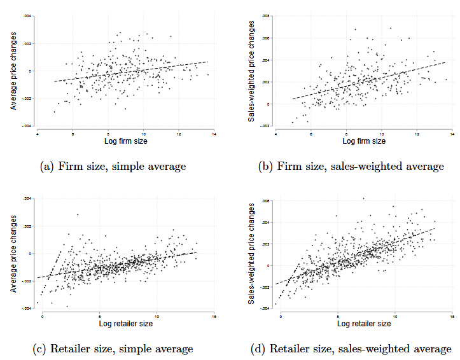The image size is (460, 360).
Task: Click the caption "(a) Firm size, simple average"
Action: (113, 167)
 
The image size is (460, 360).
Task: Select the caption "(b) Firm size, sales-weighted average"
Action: (352, 167)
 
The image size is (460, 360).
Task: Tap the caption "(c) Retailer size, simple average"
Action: (113, 349)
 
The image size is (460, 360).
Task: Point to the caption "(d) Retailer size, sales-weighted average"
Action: (352, 349)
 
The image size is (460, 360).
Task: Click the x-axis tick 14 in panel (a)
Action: (214, 133)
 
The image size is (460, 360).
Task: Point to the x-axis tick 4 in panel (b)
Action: (275, 133)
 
